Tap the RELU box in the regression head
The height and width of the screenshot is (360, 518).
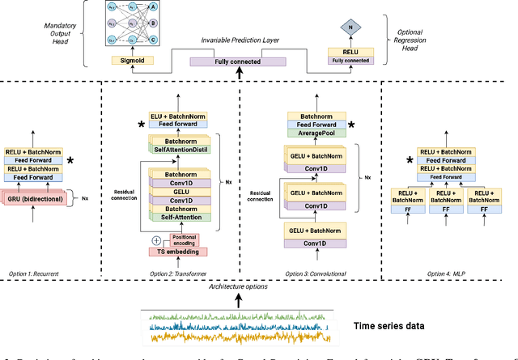pyautogui.click(x=350, y=51)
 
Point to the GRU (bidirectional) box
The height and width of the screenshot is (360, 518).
pyautogui.click(x=36, y=197)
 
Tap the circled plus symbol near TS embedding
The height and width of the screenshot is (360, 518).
pyautogui.click(x=155, y=239)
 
